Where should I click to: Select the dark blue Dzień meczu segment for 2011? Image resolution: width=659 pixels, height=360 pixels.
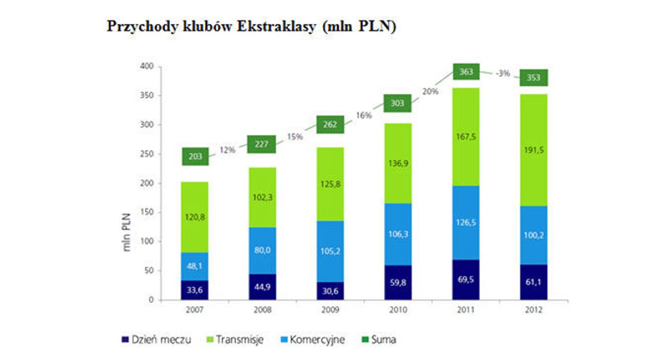click(x=466, y=280)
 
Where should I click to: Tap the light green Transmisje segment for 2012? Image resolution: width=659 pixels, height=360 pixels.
click(x=533, y=150)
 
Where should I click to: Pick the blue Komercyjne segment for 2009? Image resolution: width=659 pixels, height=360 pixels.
click(x=330, y=251)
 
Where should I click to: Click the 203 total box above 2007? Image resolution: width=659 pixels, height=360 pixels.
click(x=195, y=157)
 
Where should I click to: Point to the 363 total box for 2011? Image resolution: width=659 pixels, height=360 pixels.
click(x=466, y=72)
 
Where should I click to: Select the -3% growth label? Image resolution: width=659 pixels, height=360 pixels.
click(x=503, y=74)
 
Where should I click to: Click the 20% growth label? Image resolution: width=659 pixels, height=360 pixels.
click(x=430, y=92)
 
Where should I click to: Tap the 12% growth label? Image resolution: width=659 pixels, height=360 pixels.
click(x=227, y=150)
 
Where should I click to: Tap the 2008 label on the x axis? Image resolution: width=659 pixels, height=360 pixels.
click(x=262, y=310)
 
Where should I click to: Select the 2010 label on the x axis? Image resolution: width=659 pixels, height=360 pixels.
click(x=398, y=310)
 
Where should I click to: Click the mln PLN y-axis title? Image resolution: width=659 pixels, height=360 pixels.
click(x=127, y=231)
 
